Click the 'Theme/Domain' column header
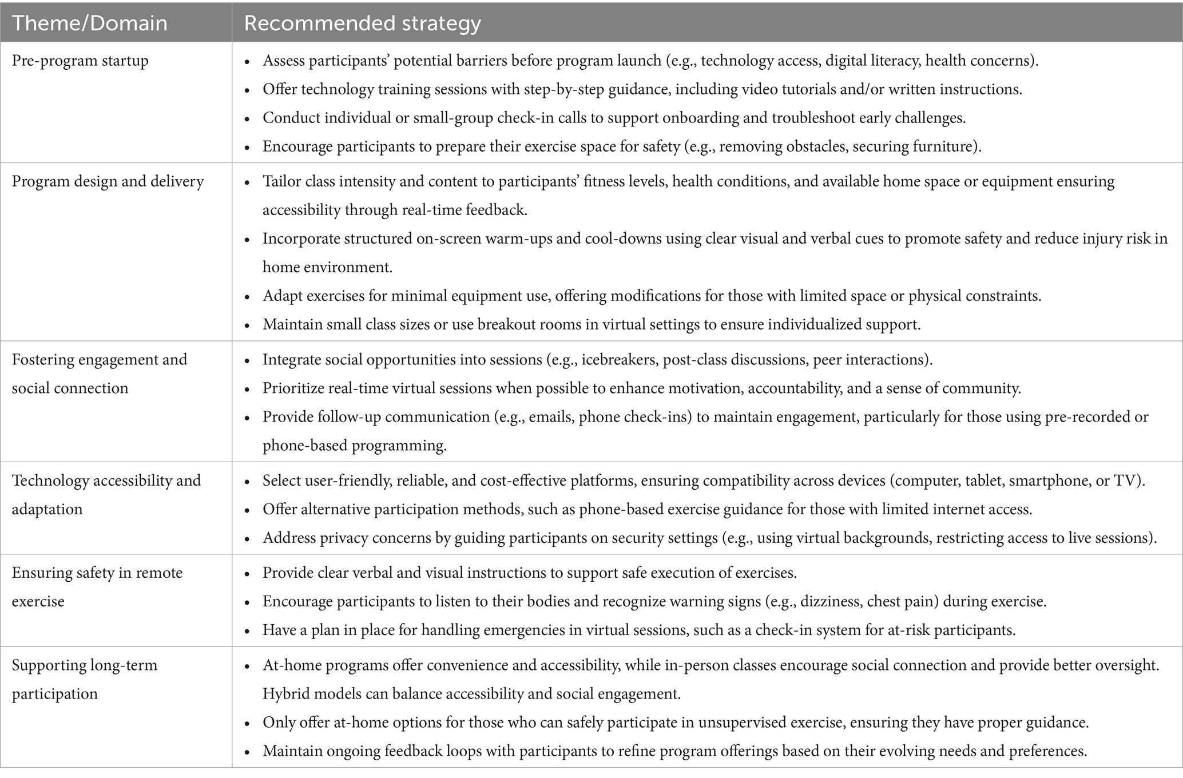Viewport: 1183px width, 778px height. [x=89, y=23]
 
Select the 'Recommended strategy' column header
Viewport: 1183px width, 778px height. [x=362, y=23]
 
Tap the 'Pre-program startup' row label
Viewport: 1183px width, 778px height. [x=80, y=61]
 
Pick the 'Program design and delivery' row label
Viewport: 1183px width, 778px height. [x=108, y=181]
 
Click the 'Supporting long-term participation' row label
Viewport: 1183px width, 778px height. [x=84, y=679]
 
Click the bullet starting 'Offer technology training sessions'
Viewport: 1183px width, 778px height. [x=642, y=89]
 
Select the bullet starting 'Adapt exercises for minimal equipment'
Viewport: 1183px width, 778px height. [x=652, y=296]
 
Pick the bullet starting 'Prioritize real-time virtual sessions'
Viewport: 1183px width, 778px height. [x=641, y=388]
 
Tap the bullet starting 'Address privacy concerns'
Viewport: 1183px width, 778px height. [x=709, y=538]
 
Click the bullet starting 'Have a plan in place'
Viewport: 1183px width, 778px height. [x=639, y=630]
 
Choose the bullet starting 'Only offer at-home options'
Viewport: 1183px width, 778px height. [x=675, y=723]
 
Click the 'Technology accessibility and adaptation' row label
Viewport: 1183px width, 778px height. [x=106, y=494]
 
